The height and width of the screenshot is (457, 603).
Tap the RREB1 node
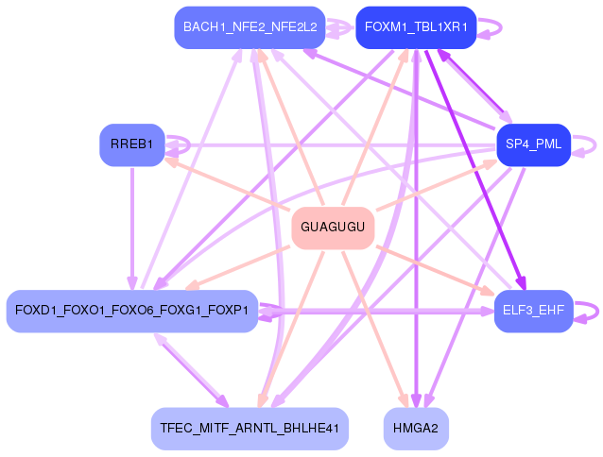tap(132, 144)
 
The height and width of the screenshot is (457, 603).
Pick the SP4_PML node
tap(533, 144)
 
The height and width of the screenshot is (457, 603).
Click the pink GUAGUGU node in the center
tap(333, 228)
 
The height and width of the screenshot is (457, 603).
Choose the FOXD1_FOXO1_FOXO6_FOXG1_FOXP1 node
tap(131, 311)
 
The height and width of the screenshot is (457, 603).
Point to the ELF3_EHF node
tap(533, 311)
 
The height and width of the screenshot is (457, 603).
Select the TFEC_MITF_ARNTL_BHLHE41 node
tap(250, 428)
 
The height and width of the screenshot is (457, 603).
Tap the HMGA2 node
tap(416, 428)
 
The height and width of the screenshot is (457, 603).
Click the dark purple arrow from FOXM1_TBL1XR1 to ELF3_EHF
tap(473, 161)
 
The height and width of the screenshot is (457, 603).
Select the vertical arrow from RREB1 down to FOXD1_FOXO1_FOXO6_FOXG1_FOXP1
tap(132, 227)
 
